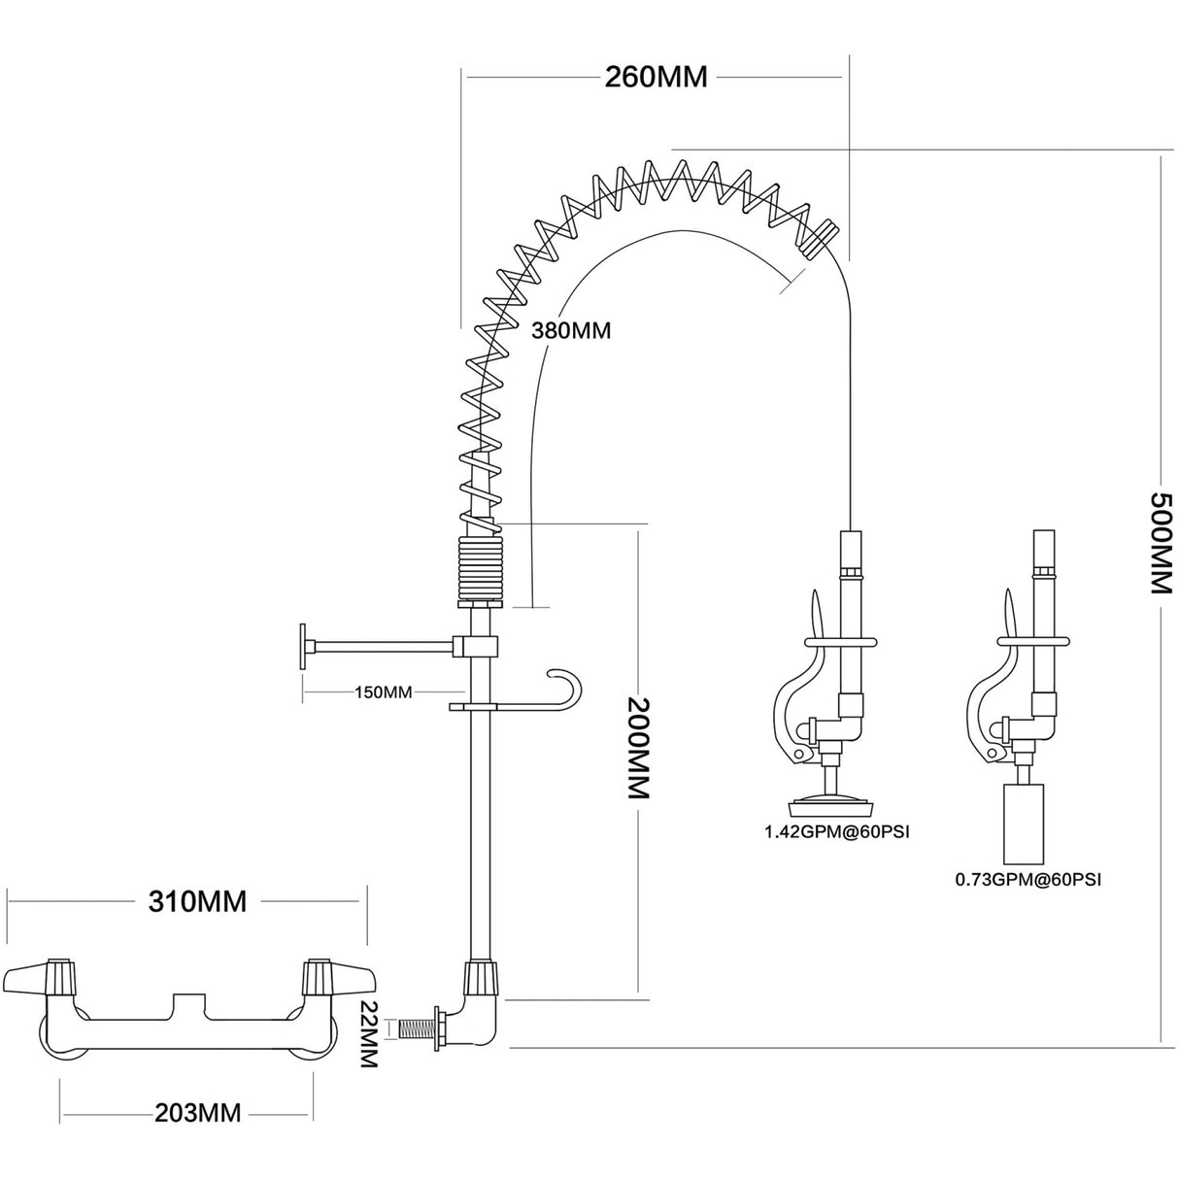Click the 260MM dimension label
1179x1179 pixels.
(657, 77)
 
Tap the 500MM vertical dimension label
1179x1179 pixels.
(1162, 542)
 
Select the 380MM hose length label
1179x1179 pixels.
(570, 330)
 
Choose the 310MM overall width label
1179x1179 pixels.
(197, 901)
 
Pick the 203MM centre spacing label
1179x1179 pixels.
(197, 1112)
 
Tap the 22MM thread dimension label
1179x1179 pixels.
(367, 1034)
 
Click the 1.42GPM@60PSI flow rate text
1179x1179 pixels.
(836, 832)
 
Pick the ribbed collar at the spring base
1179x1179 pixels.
(478, 571)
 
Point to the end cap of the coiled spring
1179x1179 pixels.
(821, 236)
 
